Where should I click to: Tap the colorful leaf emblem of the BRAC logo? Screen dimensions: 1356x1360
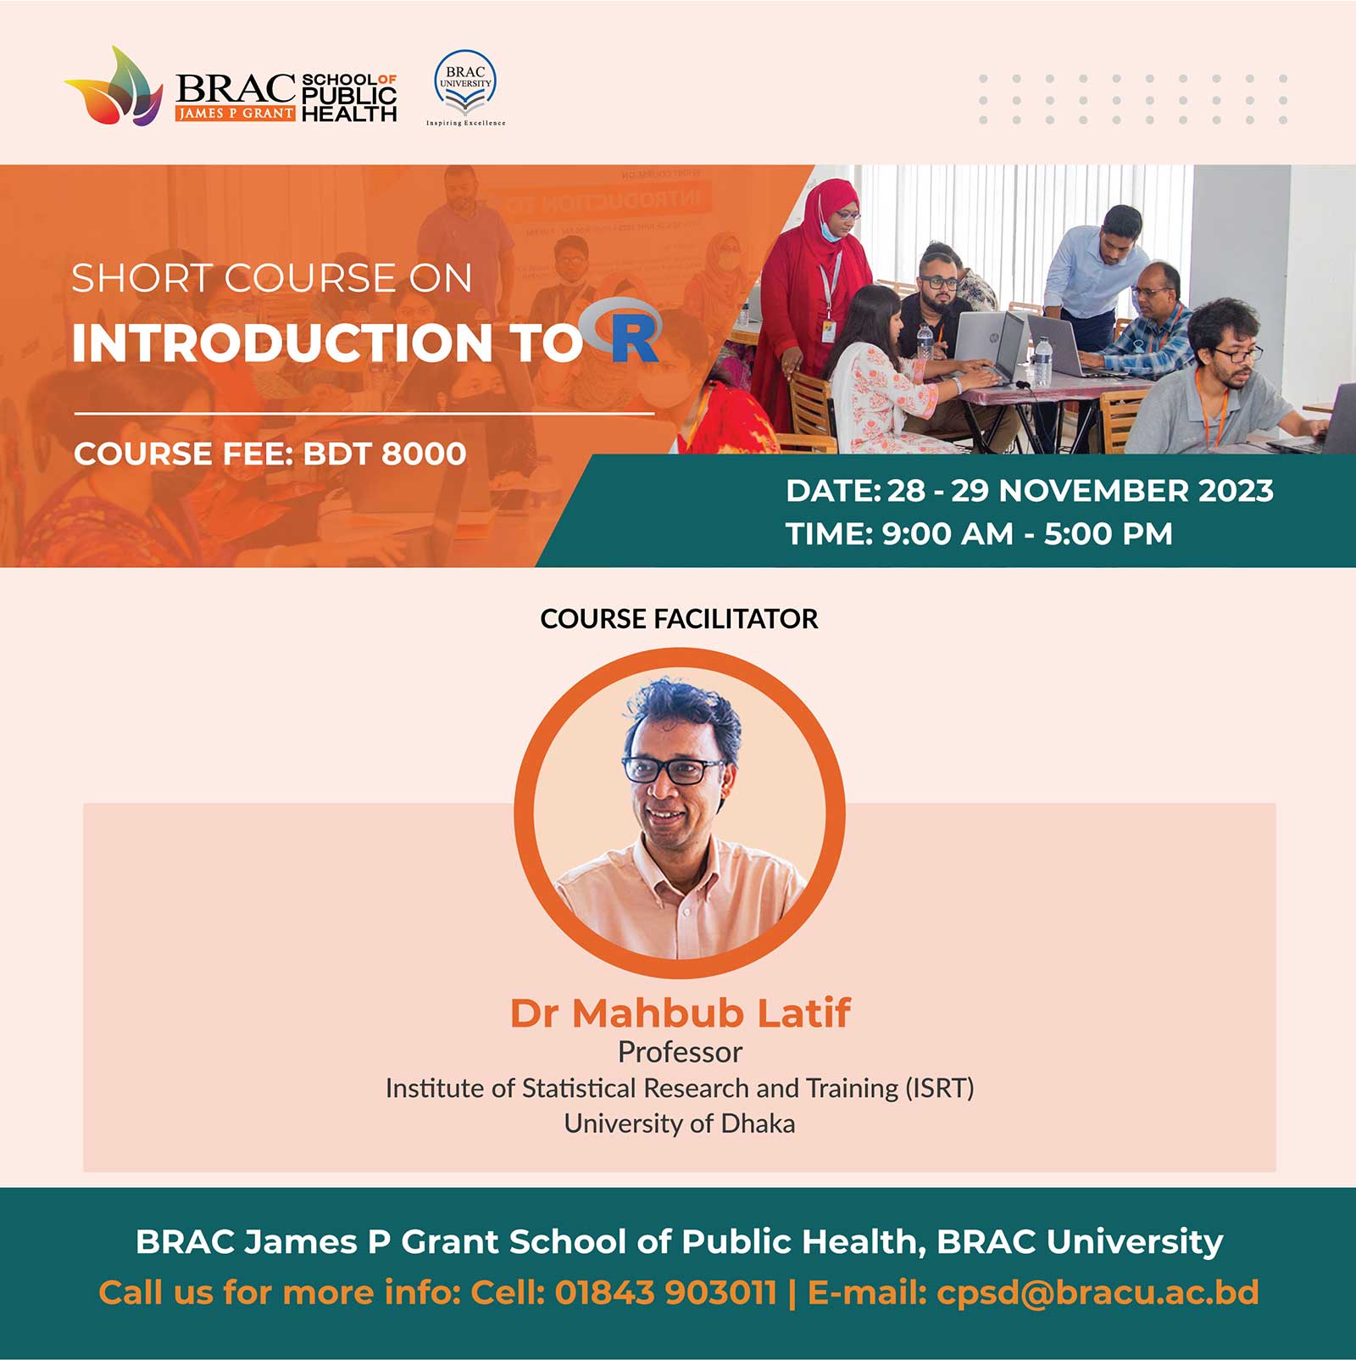pyautogui.click(x=115, y=86)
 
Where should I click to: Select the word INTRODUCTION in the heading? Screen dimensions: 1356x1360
pyautogui.click(x=282, y=343)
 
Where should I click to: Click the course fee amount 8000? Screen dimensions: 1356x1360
pyautogui.click(x=423, y=454)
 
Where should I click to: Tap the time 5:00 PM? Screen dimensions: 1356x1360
pyautogui.click(x=1109, y=534)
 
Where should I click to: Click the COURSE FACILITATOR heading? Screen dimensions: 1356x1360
pyautogui.click(x=679, y=619)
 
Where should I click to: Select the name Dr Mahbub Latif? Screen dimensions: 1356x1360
pyautogui.click(x=680, y=1012)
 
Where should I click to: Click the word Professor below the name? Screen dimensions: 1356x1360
pyautogui.click(x=680, y=1052)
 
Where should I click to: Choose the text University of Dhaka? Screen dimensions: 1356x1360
pyautogui.click(x=680, y=1123)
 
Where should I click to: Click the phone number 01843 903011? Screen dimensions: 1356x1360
pyautogui.click(x=665, y=1293)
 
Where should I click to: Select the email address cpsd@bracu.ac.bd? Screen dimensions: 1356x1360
pyautogui.click(x=1098, y=1293)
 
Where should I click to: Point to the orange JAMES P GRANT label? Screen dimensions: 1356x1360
pyautogui.click(x=236, y=113)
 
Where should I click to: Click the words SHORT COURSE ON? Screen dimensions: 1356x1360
pyautogui.click(x=271, y=278)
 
